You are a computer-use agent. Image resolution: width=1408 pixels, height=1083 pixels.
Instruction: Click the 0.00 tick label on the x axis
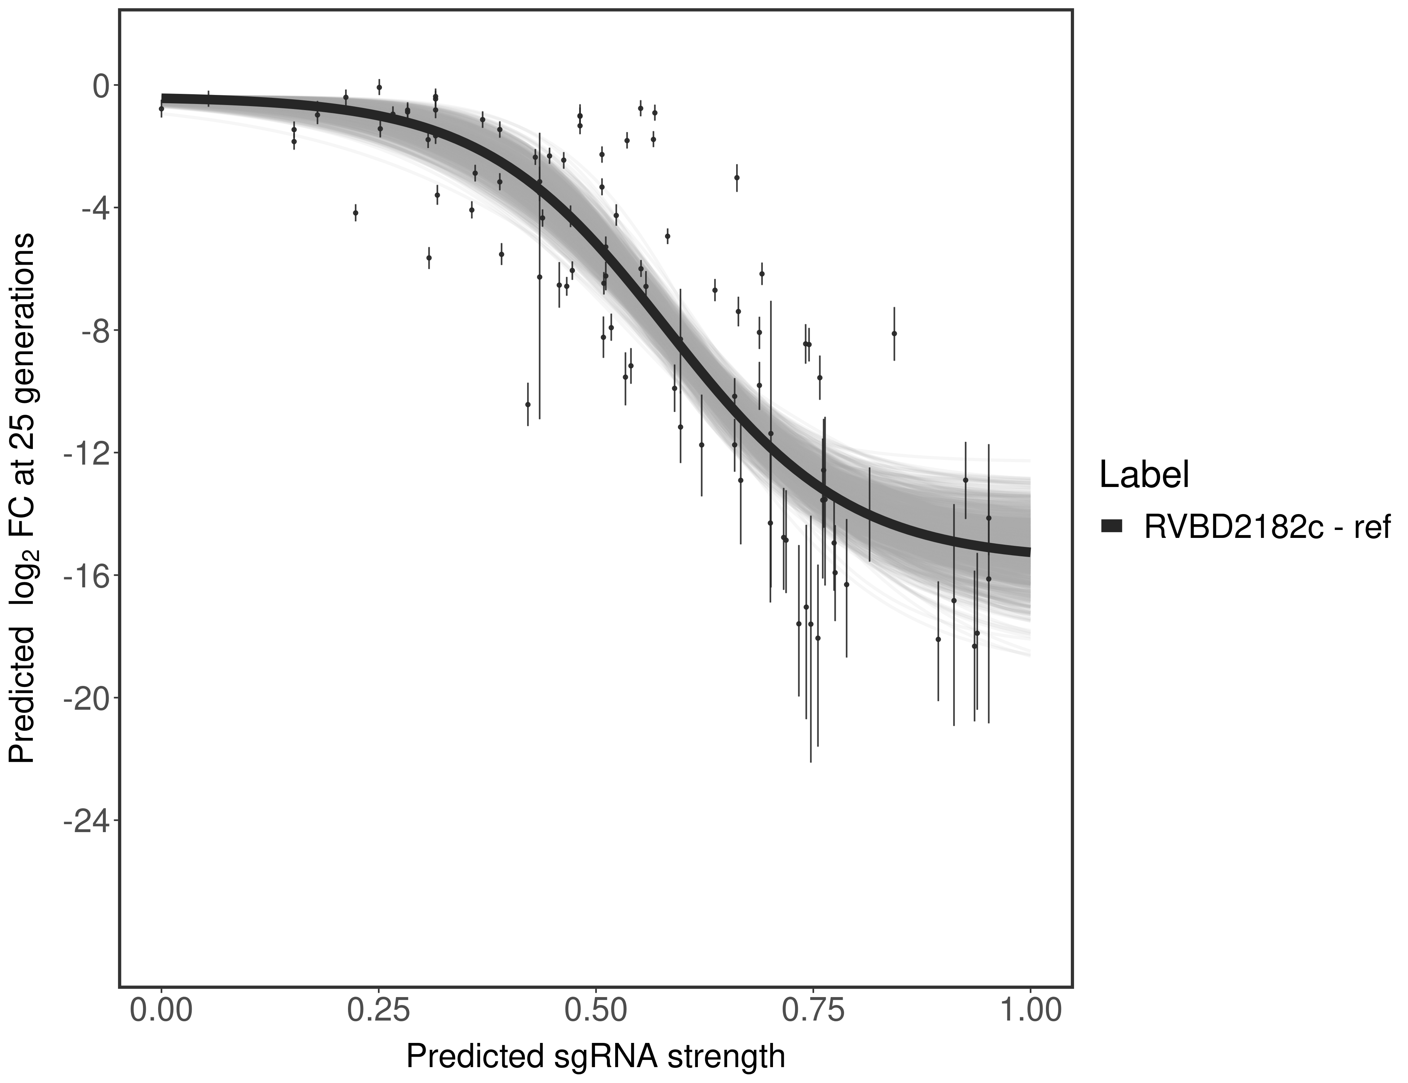click(161, 1010)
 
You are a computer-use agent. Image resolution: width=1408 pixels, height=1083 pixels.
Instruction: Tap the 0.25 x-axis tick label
click(378, 1010)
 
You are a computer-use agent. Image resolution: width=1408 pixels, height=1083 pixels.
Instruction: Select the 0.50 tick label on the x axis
click(596, 1010)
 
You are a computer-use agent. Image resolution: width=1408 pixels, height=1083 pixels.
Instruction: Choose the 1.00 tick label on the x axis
click(1030, 1010)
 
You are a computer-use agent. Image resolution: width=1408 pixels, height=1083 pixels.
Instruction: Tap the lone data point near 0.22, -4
click(355, 213)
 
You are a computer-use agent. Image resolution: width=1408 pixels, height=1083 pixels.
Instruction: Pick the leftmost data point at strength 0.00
click(161, 109)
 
